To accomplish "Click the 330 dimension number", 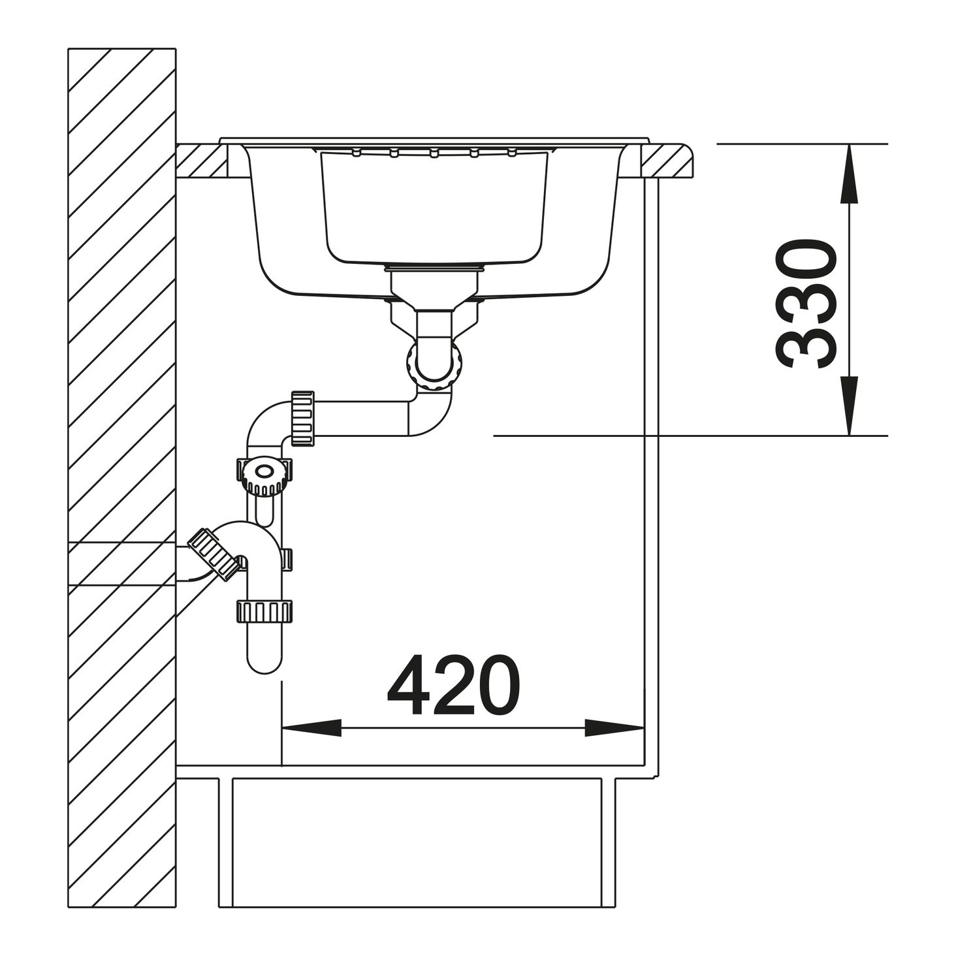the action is coord(805,304).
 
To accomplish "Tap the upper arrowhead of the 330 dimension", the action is coord(849,174).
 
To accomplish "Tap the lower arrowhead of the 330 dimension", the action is coord(849,406).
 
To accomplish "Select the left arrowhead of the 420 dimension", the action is coord(311,728).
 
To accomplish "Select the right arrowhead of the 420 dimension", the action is coord(614,728).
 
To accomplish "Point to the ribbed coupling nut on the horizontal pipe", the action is coord(302,418).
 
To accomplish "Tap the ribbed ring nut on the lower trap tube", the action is coord(265,611).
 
